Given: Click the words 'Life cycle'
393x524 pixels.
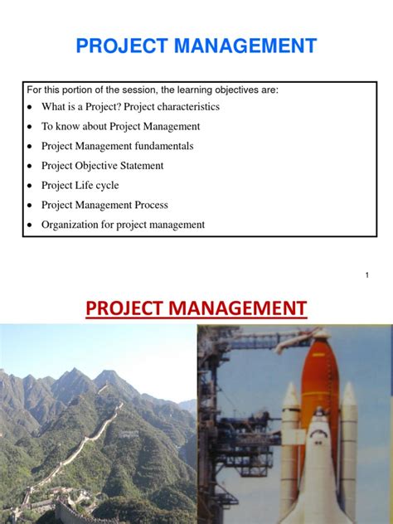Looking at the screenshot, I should click(x=99, y=185).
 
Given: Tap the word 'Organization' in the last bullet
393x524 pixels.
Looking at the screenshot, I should click(x=73, y=225).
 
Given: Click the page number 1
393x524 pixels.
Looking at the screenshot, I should click(x=366, y=274).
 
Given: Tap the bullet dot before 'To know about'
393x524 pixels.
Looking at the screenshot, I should click(x=30, y=127).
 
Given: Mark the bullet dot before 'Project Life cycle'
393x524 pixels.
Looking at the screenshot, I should click(x=30, y=186).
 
